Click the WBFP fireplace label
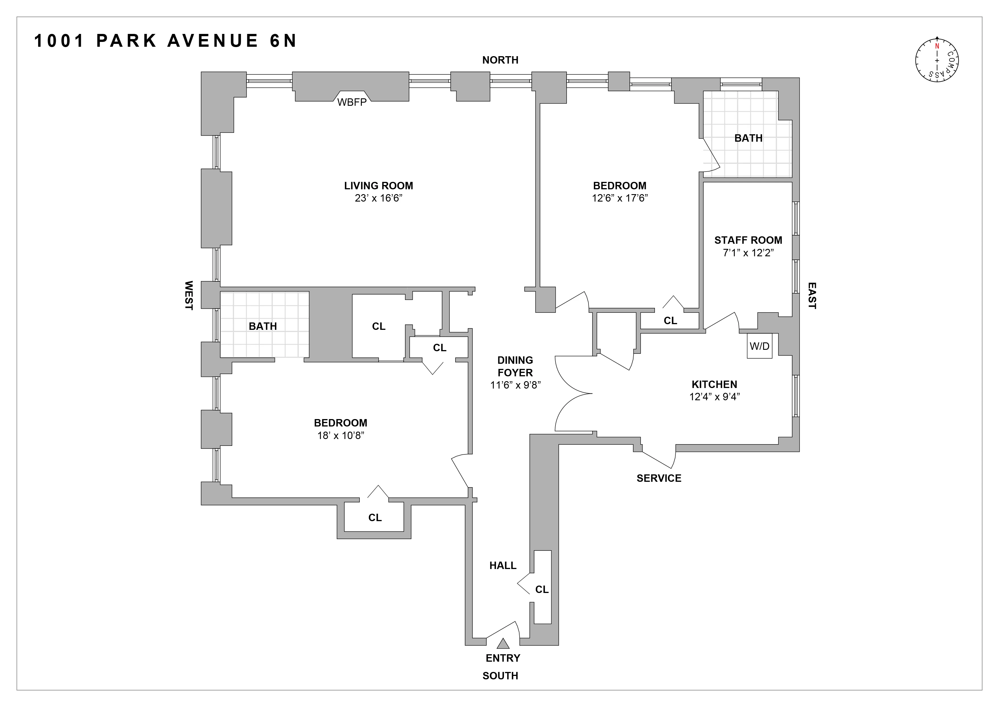[352, 103]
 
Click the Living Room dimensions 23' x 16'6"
[378, 198]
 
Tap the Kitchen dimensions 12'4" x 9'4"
[714, 397]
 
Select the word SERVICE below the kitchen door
[659, 478]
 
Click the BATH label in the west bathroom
[263, 326]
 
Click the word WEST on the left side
[188, 295]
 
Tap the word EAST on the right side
[812, 296]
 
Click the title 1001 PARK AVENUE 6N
[165, 41]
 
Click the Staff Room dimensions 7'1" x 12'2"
[748, 253]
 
